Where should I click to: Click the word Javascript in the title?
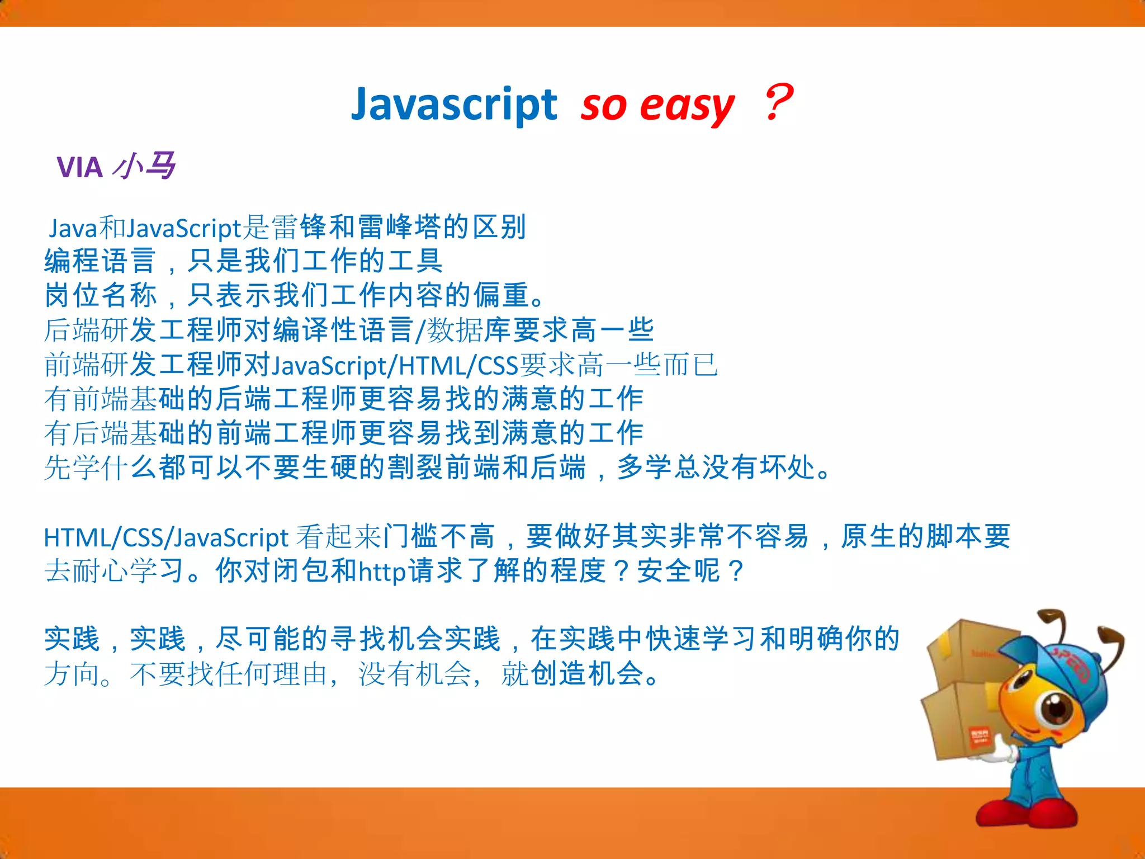[x=453, y=105]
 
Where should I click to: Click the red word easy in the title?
[x=687, y=106]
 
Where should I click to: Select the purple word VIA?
[x=80, y=167]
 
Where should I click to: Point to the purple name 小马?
[x=144, y=166]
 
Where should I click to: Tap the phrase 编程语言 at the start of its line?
[x=100, y=261]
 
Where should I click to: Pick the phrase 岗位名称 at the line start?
[x=100, y=295]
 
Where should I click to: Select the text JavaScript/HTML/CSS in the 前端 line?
[x=395, y=366]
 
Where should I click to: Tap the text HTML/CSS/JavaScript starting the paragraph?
[x=165, y=537]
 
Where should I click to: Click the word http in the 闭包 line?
[x=382, y=572]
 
